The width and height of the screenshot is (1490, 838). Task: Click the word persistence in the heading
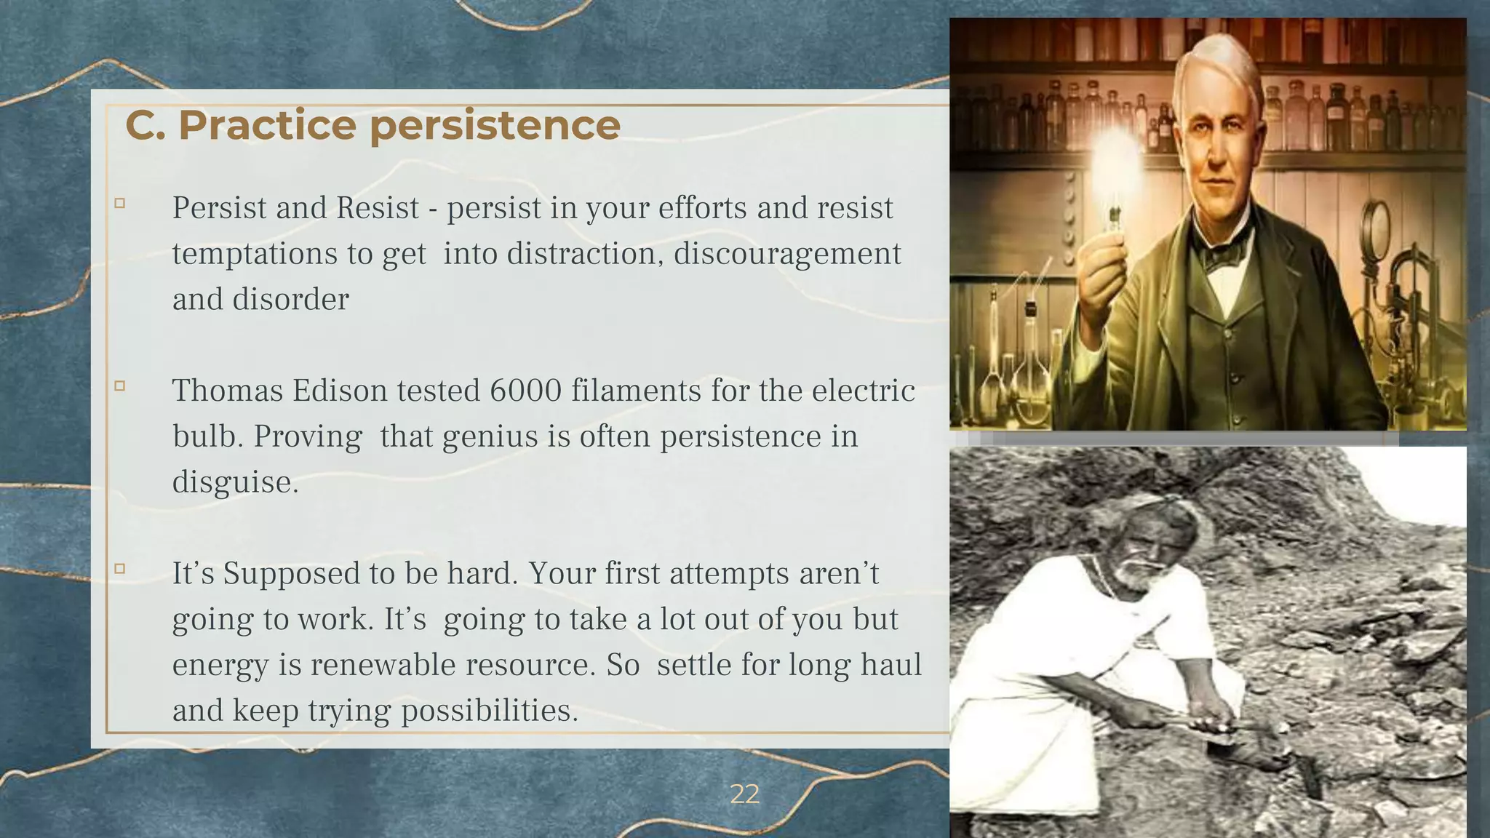tap(495, 125)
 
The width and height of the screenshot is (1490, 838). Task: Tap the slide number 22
tap(744, 794)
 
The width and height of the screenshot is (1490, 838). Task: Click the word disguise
tap(234, 482)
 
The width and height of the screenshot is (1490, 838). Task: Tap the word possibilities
tap(489, 711)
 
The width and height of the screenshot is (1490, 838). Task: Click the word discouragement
tap(787, 254)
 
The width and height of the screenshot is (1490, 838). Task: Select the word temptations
tap(255, 254)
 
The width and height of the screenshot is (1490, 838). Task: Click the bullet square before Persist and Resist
tap(120, 204)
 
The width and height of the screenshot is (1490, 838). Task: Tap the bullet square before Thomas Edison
tap(120, 386)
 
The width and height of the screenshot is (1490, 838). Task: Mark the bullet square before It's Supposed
tap(120, 569)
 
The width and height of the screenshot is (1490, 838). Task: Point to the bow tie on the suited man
tap(1224, 255)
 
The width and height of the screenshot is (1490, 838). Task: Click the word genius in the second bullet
tap(477, 437)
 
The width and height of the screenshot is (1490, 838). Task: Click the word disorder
tap(290, 300)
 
